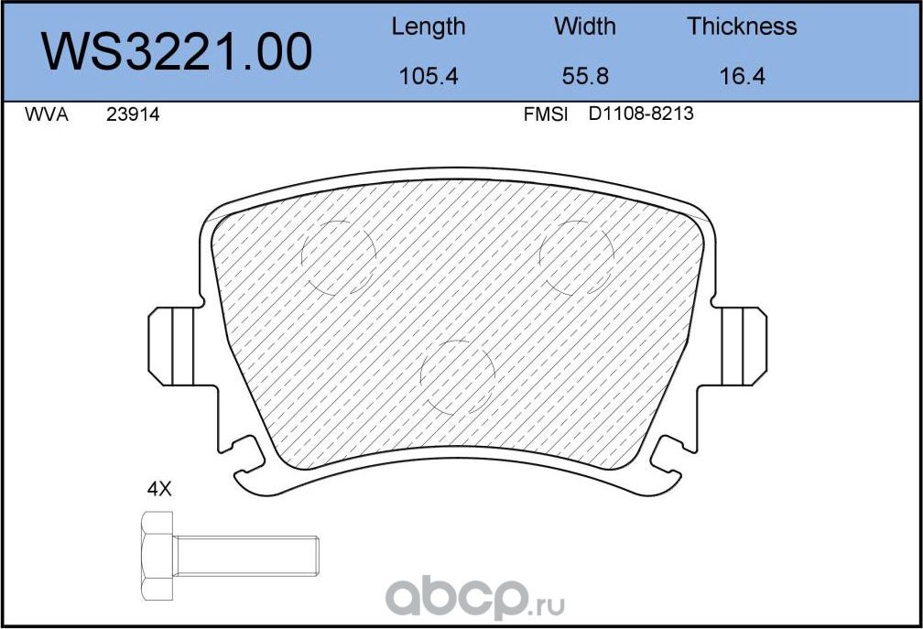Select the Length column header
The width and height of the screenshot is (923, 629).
click(428, 27)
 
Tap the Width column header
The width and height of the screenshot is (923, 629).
click(585, 27)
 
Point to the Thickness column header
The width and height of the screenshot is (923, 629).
click(742, 27)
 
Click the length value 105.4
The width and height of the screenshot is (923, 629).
click(428, 76)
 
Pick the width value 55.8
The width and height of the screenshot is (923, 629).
click(585, 76)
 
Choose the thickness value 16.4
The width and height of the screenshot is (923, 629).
click(742, 76)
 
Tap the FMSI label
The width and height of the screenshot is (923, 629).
click(546, 115)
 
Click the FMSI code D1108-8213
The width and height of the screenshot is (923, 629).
click(641, 115)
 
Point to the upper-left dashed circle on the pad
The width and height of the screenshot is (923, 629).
click(340, 257)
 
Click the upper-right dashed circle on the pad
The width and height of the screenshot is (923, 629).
click(576, 257)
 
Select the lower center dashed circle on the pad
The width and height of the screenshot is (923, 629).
click(457, 377)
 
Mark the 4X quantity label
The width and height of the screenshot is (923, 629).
click(159, 490)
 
